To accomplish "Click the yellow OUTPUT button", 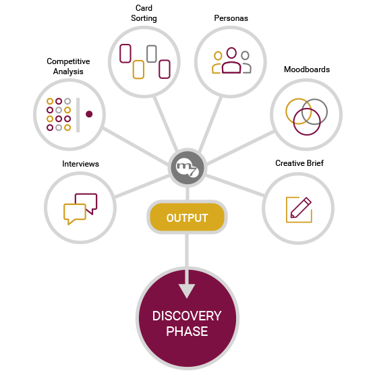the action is [187, 217].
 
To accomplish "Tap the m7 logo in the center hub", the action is [187, 167].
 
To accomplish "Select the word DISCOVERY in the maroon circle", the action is [187, 316].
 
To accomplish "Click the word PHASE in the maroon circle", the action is [187, 331].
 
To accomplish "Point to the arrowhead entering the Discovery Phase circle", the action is [187, 291].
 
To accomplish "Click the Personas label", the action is [231, 18].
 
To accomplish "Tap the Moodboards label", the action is [307, 69].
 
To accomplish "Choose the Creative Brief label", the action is [299, 163].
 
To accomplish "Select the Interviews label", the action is [80, 164].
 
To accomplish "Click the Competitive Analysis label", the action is [68, 66].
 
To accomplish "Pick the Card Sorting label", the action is [144, 13].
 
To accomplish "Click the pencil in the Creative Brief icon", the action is [301, 208].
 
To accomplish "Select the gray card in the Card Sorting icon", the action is [152, 54].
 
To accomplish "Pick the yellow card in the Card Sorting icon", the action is [138, 69].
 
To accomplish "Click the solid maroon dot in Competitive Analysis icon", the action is [89, 114].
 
